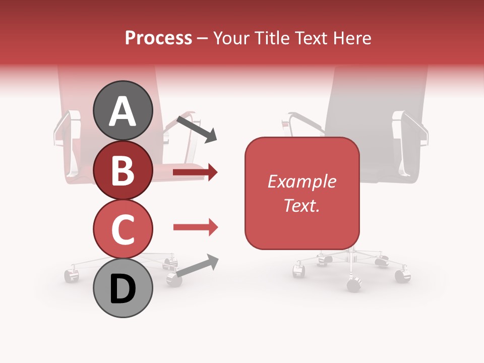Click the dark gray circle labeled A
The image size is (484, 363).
(x=123, y=111)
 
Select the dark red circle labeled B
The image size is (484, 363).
(x=123, y=170)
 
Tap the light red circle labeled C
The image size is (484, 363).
(x=123, y=229)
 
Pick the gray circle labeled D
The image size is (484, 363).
(x=123, y=288)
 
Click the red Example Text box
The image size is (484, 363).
(x=302, y=193)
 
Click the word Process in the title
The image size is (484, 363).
(x=158, y=38)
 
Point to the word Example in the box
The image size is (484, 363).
(x=302, y=181)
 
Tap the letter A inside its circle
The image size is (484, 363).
(x=123, y=111)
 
